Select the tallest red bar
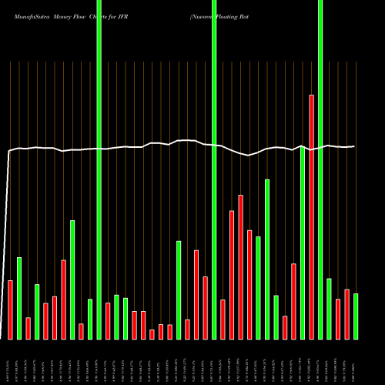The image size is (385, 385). click(311, 216)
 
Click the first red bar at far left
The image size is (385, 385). click(11, 310)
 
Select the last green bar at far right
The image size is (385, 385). click(356, 316)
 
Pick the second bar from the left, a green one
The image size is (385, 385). click(19, 298)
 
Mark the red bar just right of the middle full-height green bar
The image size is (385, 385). click(223, 319)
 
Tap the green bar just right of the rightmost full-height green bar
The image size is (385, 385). click(329, 308)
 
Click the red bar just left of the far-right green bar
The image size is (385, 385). click(346, 313)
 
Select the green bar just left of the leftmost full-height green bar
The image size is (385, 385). click(90, 319)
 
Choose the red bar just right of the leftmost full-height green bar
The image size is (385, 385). click(108, 320)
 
